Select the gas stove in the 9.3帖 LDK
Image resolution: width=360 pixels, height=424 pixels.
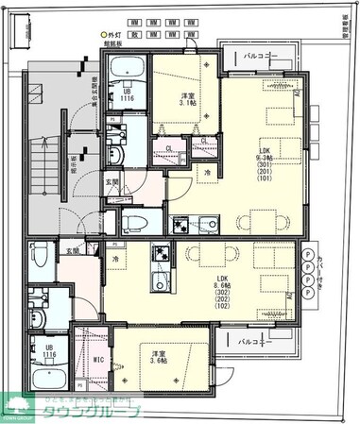click(x=180, y=225)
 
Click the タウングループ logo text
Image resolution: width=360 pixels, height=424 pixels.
click(x=99, y=412)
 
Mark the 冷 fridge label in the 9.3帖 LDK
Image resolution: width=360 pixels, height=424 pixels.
click(x=207, y=174)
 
